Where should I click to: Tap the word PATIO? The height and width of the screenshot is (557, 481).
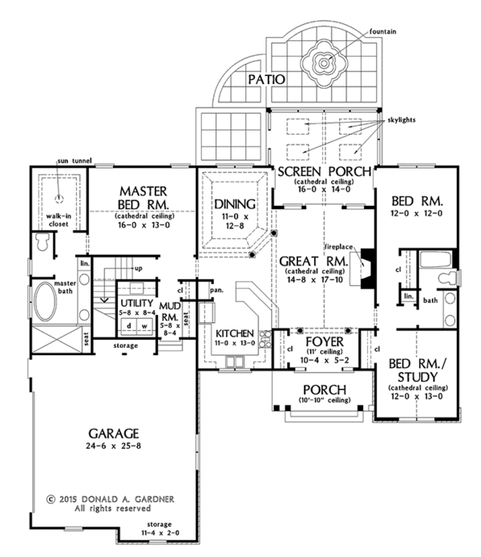coord(263,79)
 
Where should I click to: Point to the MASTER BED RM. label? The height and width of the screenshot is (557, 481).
coord(142,197)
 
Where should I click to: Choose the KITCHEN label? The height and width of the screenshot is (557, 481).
coord(235,333)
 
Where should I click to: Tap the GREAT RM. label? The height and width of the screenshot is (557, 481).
coord(313,261)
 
